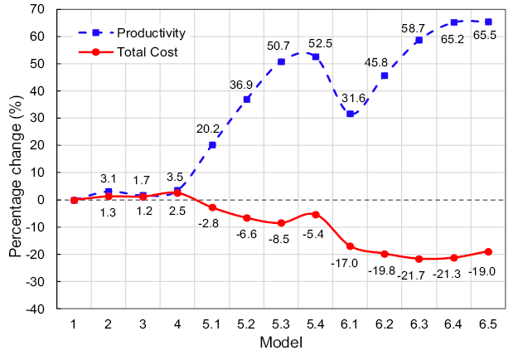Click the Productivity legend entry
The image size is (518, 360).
(150, 33)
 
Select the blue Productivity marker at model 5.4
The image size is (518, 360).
(315, 56)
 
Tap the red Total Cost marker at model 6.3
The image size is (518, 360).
(419, 259)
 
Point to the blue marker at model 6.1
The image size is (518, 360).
(350, 114)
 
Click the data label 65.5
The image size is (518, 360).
(488, 36)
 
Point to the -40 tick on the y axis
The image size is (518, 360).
(41, 309)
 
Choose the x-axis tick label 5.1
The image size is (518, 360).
(212, 325)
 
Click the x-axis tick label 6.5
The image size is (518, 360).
(488, 325)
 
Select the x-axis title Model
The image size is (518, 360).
(280, 343)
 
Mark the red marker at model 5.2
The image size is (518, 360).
(246, 218)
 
